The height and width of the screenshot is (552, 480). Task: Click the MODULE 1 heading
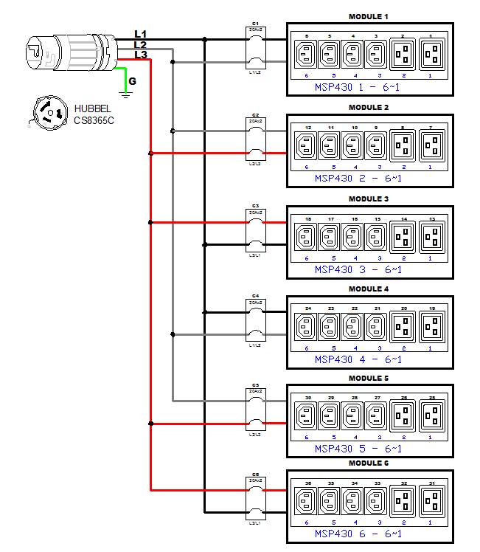369,16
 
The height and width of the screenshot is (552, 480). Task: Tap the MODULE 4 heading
369,289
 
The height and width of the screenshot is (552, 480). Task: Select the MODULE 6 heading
369,463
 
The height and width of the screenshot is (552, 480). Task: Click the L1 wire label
140,34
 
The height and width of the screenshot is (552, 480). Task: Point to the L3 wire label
140,55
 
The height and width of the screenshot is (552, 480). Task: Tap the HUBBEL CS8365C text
94,114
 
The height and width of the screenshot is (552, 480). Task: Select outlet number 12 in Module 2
307,146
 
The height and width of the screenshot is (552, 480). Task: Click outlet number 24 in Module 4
307,325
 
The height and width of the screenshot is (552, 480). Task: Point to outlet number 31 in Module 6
432,502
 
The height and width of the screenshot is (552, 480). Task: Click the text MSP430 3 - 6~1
358,269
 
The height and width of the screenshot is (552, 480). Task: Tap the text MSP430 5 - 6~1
358,448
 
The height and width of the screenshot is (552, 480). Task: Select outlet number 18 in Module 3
307,238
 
